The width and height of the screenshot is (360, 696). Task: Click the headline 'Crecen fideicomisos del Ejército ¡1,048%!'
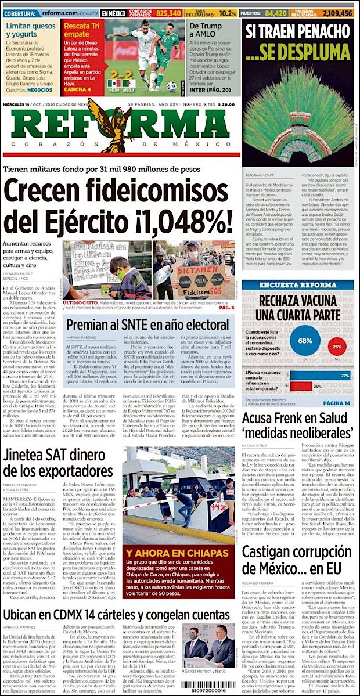click(119, 206)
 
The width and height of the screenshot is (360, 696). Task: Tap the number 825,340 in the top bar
click(168, 13)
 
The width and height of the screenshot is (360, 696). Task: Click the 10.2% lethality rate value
click(228, 13)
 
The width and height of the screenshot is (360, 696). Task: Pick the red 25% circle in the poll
click(336, 347)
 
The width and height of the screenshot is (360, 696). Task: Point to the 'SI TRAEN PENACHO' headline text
click(298, 28)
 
